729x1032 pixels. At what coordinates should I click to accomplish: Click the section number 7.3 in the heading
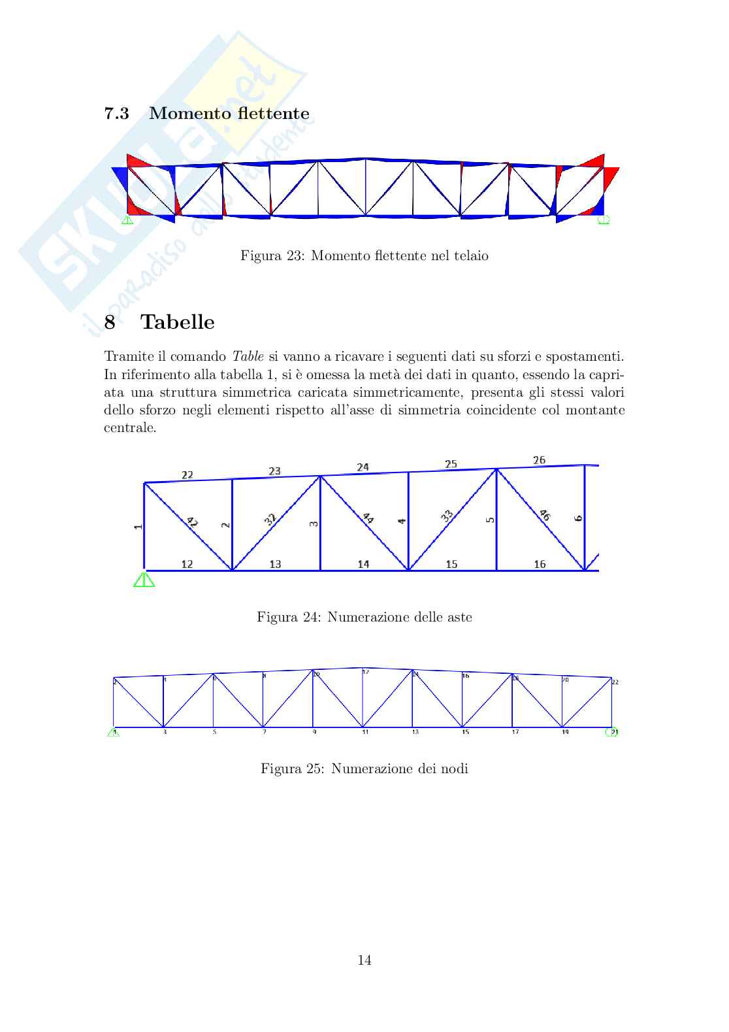(116, 114)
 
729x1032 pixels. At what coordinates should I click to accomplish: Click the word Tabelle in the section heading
(178, 322)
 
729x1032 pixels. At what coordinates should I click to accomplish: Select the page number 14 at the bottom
(364, 960)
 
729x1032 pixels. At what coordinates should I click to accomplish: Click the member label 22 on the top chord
(187, 474)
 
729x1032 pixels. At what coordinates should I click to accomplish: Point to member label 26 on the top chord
(539, 460)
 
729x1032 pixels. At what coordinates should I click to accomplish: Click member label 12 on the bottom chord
(187, 564)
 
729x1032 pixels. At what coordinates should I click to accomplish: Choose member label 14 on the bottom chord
(363, 564)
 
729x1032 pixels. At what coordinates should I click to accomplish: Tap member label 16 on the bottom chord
(540, 564)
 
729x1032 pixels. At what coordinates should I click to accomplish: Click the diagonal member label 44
(368, 518)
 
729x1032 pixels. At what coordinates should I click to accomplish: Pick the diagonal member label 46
(544, 515)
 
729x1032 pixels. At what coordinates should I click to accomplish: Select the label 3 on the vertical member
(314, 524)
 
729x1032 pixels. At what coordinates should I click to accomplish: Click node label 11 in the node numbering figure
(365, 732)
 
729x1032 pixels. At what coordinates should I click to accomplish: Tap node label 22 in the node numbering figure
(615, 682)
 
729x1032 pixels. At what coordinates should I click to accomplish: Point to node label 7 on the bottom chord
(264, 732)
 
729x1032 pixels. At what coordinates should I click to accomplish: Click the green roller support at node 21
(611, 732)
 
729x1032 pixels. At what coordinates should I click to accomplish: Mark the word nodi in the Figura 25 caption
(454, 769)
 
